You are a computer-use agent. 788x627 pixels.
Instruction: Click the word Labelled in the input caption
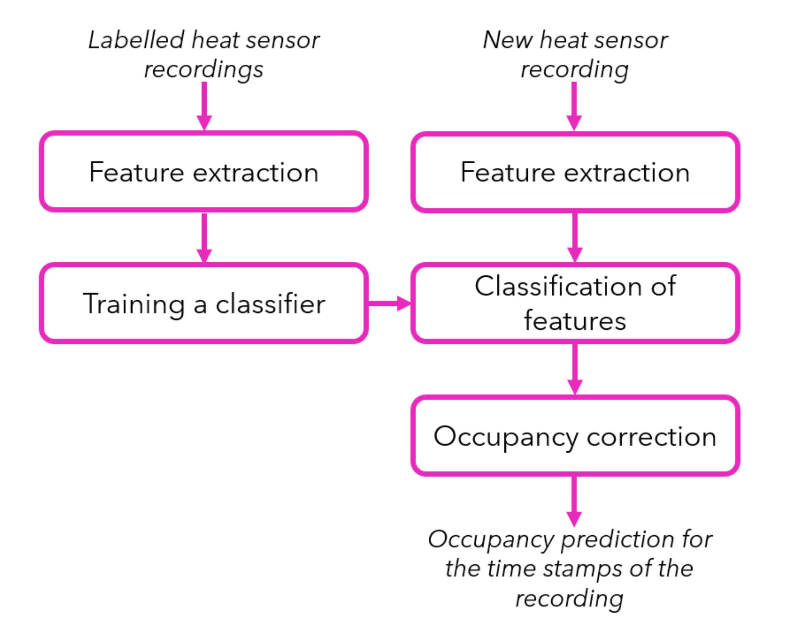136,40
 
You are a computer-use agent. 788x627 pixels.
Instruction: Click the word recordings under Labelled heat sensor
203,69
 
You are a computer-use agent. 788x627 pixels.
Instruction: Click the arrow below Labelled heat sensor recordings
204,106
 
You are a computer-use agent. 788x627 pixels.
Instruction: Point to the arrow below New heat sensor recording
574,106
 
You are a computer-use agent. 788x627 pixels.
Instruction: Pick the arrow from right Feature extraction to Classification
575,238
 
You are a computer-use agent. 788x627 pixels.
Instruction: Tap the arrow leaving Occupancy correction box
574,501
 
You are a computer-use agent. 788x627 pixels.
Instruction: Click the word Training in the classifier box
134,304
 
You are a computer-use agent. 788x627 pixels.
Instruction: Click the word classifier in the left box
270,304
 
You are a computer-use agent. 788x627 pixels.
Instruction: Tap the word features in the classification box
575,321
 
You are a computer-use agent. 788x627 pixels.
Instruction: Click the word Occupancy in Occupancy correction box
506,437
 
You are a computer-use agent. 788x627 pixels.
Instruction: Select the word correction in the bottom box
651,437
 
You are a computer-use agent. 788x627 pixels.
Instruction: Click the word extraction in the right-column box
627,173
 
